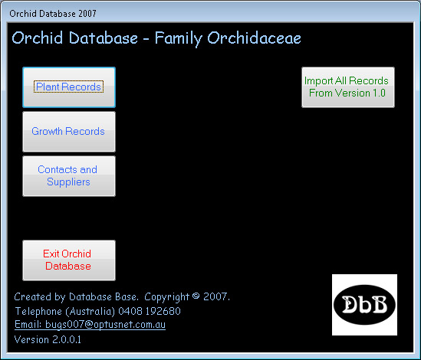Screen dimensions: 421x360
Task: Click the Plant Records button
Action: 69,87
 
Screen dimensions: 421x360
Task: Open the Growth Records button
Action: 69,132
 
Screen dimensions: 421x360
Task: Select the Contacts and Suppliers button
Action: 69,176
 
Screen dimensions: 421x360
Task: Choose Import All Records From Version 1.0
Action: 348,87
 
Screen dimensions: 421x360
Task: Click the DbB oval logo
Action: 364,305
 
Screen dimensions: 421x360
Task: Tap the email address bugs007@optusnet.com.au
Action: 105,324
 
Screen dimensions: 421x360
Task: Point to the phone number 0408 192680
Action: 150,311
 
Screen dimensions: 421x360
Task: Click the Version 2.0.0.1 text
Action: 48,339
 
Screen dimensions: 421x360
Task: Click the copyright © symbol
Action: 196,296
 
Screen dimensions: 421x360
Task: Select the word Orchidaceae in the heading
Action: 254,38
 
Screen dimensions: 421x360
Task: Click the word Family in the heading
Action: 178,38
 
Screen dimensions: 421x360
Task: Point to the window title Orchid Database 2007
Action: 53,14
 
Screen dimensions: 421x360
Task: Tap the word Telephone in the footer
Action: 38,311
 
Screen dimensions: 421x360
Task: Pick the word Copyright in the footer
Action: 166,297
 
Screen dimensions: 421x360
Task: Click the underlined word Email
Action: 28,324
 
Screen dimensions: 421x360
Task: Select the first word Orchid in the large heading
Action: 38,38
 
